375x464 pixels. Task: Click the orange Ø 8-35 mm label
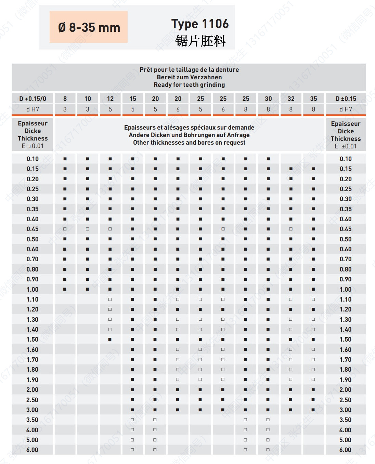pyautogui.click(x=89, y=27)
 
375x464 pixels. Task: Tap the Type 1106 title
pyautogui.click(x=200, y=24)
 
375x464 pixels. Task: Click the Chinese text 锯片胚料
pyautogui.click(x=201, y=41)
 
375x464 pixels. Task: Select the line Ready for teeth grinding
pyautogui.click(x=189, y=85)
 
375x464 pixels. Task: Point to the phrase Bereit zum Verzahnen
pyautogui.click(x=189, y=77)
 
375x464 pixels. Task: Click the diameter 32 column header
pyautogui.click(x=291, y=99)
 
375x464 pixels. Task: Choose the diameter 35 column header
pyautogui.click(x=313, y=99)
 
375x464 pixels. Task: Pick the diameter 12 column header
pyautogui.click(x=110, y=99)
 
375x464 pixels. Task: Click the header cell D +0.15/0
pyautogui.click(x=33, y=99)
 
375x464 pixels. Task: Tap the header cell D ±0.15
pyautogui.click(x=346, y=99)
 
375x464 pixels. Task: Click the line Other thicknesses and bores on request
pyautogui.click(x=189, y=143)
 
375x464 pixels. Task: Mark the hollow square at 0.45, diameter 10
pyautogui.click(x=88, y=229)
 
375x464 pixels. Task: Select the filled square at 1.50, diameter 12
pyautogui.click(x=110, y=340)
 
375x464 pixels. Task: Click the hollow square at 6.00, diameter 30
pyautogui.click(x=268, y=450)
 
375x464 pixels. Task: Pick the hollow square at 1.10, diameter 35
pyautogui.click(x=313, y=300)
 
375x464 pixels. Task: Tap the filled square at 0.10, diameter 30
pyautogui.click(x=268, y=159)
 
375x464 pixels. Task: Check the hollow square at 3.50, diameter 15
pyautogui.click(x=132, y=420)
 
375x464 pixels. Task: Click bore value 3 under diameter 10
pyautogui.click(x=88, y=109)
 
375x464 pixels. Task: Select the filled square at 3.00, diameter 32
pyautogui.click(x=291, y=410)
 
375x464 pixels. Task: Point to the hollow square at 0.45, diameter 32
pyautogui.click(x=291, y=229)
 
